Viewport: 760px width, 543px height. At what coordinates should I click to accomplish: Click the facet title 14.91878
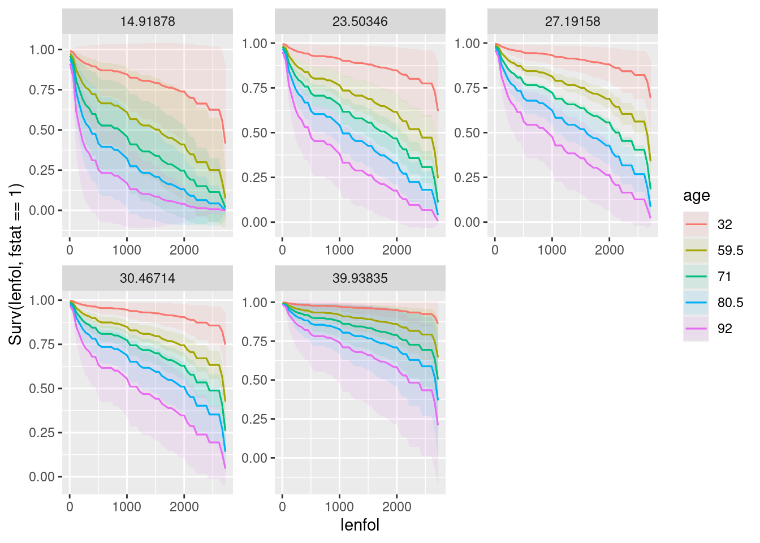coord(148,21)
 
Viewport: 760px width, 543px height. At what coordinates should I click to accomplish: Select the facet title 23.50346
coord(360,21)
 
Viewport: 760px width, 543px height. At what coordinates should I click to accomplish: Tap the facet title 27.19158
coord(573,21)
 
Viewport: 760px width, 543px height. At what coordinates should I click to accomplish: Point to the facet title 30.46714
coord(148,278)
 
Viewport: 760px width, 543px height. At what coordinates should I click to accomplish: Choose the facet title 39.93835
coord(360,278)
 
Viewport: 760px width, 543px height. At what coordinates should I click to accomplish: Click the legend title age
coord(696,196)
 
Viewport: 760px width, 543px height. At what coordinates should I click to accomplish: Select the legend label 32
coord(724,225)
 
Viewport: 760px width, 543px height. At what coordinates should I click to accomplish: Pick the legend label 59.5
coord(730,251)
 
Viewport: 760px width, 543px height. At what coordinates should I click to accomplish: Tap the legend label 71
coord(724,277)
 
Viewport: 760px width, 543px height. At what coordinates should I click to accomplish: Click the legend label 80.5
coord(730,303)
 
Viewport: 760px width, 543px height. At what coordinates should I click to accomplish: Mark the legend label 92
coord(724,329)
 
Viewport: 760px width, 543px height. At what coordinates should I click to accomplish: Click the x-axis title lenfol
coord(360,525)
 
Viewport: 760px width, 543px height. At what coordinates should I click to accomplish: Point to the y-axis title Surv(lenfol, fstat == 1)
coord(15,264)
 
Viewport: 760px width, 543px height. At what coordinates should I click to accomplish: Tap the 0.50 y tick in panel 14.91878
coord(42,130)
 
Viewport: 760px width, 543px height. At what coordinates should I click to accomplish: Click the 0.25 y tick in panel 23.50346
coord(255,178)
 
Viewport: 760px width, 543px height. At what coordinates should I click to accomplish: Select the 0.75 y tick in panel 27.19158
coord(468,88)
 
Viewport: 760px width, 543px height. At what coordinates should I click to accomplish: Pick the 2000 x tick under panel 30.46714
coord(184,507)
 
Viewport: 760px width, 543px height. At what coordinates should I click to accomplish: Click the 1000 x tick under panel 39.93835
coord(339,507)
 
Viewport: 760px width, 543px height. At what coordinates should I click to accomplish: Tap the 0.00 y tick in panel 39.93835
coord(255,458)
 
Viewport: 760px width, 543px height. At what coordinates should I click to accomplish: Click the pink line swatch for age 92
coord(696,329)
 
